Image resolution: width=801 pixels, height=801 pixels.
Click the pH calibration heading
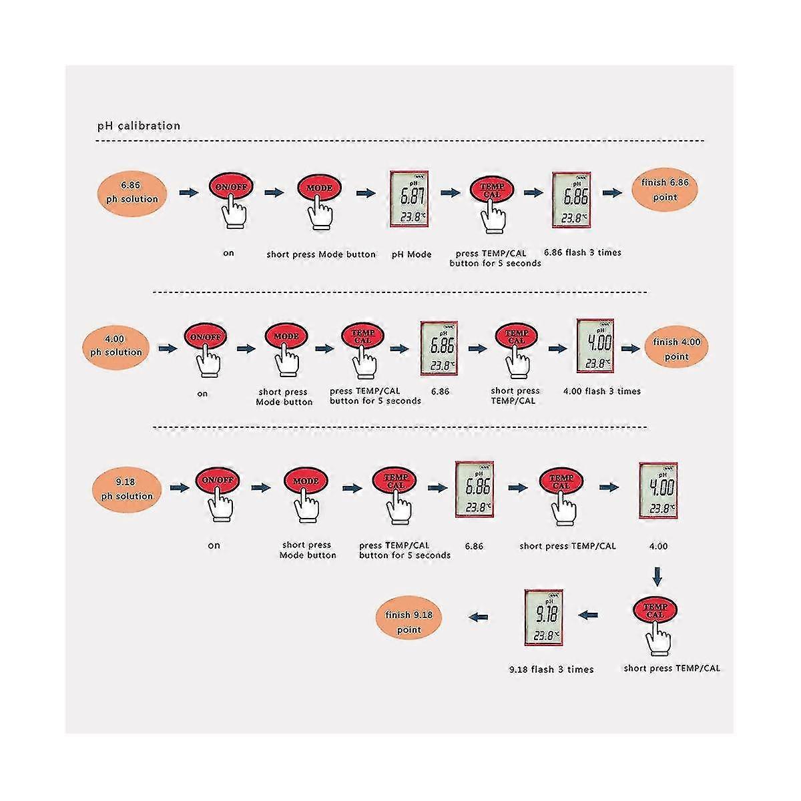[139, 125]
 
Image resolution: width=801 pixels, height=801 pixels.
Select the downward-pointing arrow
[657, 575]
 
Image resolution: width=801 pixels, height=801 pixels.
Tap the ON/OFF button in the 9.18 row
[217, 480]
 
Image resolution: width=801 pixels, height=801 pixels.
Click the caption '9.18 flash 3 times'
[551, 669]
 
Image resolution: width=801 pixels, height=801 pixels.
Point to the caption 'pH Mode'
[411, 254]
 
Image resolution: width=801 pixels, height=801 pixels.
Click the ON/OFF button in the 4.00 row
[206, 337]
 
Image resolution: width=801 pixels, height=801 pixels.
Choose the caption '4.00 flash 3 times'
[602, 391]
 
